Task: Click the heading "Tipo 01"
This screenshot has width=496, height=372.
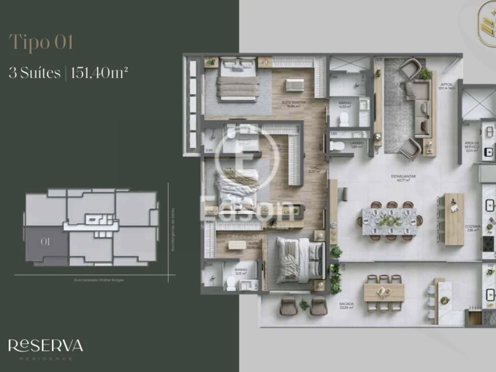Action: (x=41, y=43)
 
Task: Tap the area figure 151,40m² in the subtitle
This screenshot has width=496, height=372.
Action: (x=99, y=73)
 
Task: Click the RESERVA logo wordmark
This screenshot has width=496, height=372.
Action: (x=45, y=345)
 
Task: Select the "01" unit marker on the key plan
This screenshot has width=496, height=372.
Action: (x=45, y=241)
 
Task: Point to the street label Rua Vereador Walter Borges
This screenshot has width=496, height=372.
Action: (x=95, y=280)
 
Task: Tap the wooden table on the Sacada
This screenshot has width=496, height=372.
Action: (x=384, y=292)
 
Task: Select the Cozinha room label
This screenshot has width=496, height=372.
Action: (x=473, y=227)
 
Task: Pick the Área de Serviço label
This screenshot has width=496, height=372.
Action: (x=472, y=146)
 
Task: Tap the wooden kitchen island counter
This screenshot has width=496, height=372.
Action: (x=454, y=219)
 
